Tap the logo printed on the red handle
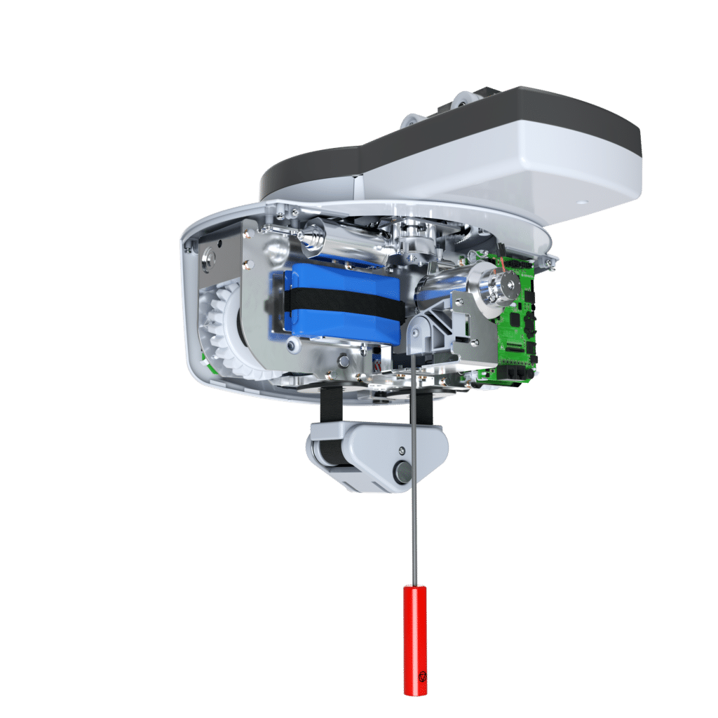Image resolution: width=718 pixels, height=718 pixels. pyautogui.click(x=421, y=678)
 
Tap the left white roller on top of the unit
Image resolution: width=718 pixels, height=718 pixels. pyautogui.click(x=414, y=120)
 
